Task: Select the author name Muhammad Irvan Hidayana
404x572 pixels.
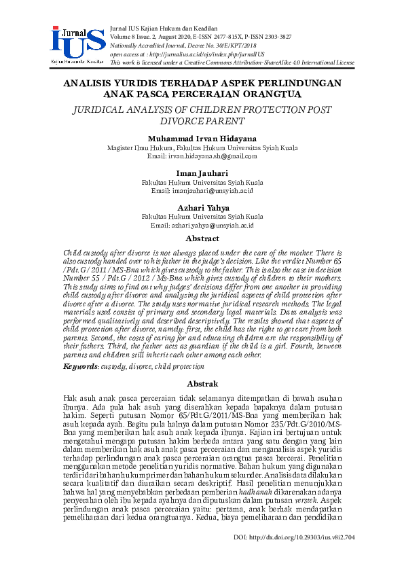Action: point(202,139)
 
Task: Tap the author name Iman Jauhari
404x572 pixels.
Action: point(202,173)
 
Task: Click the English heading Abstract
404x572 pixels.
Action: point(202,238)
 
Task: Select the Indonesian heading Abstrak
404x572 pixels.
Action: point(202,384)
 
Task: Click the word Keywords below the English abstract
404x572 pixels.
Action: point(79,367)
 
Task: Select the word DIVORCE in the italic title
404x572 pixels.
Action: point(160,122)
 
